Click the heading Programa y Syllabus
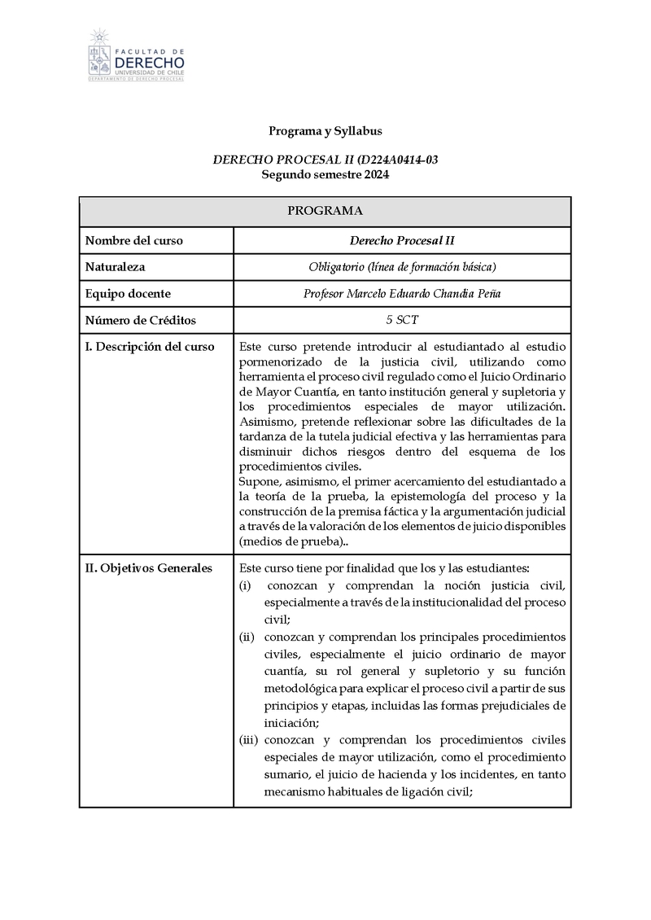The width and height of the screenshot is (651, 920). pos(325,130)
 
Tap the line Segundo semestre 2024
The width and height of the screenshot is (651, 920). pos(325,174)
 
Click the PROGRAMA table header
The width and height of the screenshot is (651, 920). pos(325,211)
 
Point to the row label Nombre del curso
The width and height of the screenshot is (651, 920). pos(134,240)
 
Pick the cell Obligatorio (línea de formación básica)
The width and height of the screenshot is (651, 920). pos(402,267)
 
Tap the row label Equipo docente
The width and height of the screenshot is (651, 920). pos(128,294)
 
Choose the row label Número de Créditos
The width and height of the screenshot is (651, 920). pos(141,321)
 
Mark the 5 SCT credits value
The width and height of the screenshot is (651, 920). pos(402,321)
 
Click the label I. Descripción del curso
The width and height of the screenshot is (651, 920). pos(150,347)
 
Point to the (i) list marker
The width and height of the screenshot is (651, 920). pos(244,586)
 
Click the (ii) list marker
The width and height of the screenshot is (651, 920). pos(246,636)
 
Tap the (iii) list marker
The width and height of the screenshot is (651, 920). pos(247,740)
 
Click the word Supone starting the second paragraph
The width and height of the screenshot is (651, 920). pos(260,481)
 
